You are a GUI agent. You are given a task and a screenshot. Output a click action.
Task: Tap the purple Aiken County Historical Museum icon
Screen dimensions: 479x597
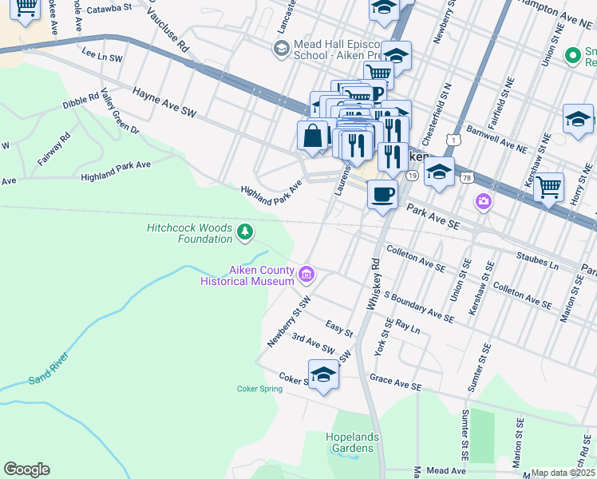[306, 276]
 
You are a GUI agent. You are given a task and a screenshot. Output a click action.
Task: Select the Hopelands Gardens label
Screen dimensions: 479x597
[350, 442]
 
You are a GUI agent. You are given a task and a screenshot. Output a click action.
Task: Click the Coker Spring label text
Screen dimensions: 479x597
[259, 390]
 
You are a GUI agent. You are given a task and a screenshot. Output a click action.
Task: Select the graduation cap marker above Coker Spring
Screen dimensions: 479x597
[323, 374]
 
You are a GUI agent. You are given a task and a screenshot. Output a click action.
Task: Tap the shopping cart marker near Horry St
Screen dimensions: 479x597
[548, 187]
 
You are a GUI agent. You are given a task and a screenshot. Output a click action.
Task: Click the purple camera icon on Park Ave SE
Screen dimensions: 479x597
[482, 200]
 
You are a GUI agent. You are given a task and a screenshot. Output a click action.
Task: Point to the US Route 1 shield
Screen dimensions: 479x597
[453, 140]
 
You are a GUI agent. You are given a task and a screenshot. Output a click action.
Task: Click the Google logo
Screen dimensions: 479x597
[26, 469]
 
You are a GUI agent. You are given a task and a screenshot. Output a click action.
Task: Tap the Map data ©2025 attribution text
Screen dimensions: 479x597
[563, 473]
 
